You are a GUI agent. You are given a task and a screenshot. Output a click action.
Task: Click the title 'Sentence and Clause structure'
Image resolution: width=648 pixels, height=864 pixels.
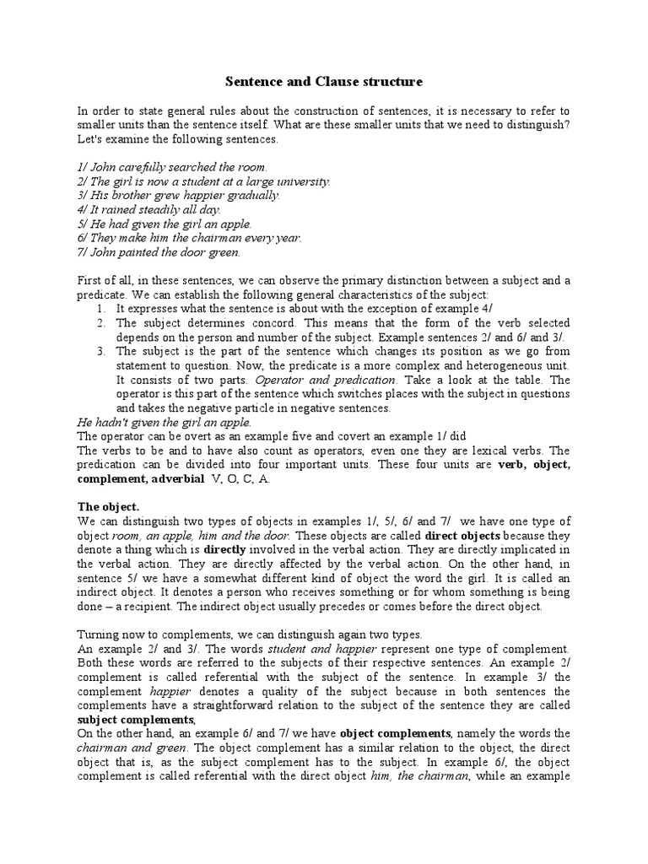(323, 82)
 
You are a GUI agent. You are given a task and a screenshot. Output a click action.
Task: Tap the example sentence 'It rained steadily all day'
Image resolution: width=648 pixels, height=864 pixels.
(148, 209)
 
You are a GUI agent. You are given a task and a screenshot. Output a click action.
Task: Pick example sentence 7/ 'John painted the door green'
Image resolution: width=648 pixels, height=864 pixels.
(159, 251)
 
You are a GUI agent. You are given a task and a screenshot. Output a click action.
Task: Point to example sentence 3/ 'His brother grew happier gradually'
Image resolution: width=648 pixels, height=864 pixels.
(178, 195)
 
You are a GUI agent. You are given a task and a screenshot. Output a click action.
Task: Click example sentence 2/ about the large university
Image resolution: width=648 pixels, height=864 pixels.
(203, 181)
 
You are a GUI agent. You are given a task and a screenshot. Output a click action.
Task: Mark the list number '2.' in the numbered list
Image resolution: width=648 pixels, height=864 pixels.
(100, 323)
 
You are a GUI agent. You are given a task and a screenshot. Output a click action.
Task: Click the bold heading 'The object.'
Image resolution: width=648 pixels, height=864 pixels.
(108, 507)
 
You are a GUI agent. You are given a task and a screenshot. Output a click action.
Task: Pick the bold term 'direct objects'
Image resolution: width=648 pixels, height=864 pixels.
(462, 536)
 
